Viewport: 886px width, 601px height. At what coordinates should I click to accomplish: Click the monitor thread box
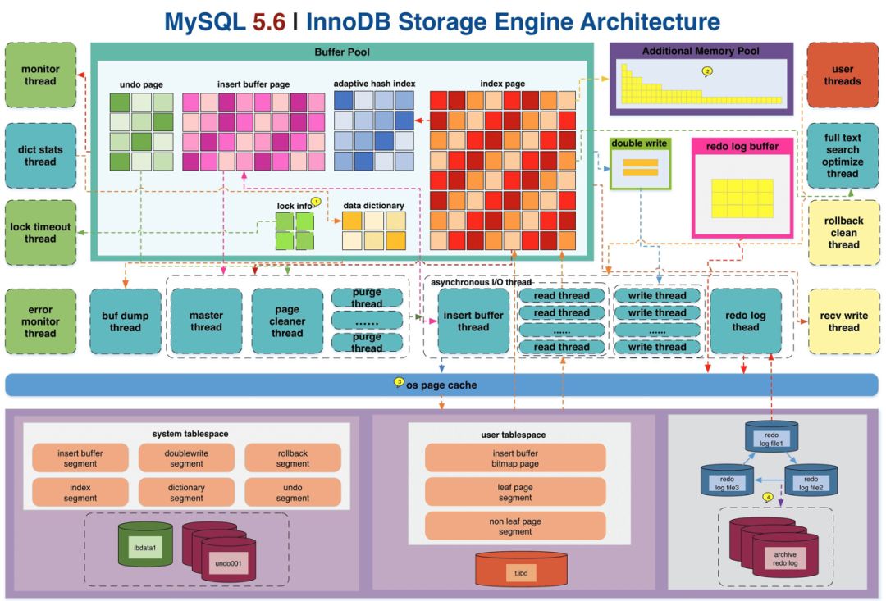(40, 75)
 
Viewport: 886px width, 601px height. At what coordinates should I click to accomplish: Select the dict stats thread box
(40, 156)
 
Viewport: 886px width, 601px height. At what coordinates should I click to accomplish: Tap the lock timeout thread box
(40, 233)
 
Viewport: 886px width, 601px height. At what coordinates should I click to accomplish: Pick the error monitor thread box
(40, 321)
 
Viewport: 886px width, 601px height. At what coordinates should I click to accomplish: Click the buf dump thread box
(126, 321)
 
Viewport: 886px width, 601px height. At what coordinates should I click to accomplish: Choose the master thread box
(206, 321)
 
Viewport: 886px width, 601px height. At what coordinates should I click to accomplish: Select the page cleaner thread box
(287, 321)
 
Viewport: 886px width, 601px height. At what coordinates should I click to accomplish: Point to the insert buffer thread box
(473, 321)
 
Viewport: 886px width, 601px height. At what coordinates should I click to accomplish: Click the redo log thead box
(746, 321)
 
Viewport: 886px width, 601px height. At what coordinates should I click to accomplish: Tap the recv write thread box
(843, 321)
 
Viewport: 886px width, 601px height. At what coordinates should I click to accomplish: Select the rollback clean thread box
(843, 233)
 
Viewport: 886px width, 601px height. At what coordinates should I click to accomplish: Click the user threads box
(843, 75)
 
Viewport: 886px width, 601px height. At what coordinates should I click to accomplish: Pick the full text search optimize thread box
(843, 156)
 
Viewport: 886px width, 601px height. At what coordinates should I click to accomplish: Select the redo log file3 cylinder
(726, 480)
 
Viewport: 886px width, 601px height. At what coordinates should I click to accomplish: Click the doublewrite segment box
(186, 458)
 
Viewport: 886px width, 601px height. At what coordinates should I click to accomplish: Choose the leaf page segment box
(515, 492)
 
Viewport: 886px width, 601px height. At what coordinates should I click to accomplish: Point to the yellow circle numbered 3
(400, 381)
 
